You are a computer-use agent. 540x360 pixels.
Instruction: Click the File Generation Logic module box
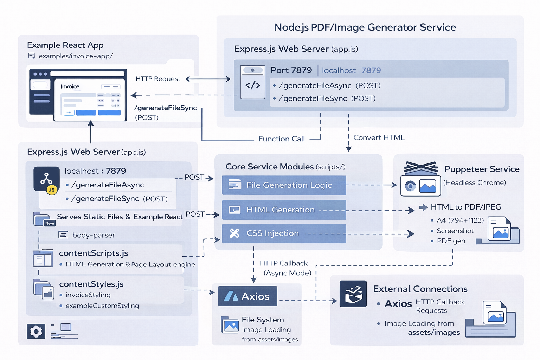284,185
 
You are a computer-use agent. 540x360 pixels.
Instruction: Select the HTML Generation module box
284,210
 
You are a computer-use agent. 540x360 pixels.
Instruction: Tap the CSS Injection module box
284,233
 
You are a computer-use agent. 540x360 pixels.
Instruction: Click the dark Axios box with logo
247,296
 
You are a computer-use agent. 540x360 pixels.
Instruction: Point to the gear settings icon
36,331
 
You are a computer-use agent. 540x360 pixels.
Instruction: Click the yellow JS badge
52,190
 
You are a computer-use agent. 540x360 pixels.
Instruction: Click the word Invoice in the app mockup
70,86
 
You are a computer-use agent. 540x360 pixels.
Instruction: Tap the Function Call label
281,139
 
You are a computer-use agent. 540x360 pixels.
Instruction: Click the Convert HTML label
379,137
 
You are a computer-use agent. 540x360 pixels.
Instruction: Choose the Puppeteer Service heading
482,169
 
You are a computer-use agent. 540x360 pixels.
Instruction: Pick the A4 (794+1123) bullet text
460,220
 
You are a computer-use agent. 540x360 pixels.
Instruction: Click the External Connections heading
420,289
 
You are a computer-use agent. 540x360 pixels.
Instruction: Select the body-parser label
94,235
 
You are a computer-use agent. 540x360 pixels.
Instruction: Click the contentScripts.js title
94,253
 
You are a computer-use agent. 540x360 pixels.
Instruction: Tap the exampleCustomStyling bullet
102,306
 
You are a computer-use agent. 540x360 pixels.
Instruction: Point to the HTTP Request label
158,79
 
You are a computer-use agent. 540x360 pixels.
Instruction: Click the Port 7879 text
291,70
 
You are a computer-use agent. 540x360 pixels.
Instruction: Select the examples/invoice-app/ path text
76,56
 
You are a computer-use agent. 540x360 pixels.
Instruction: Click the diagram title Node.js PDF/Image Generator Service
365,27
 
